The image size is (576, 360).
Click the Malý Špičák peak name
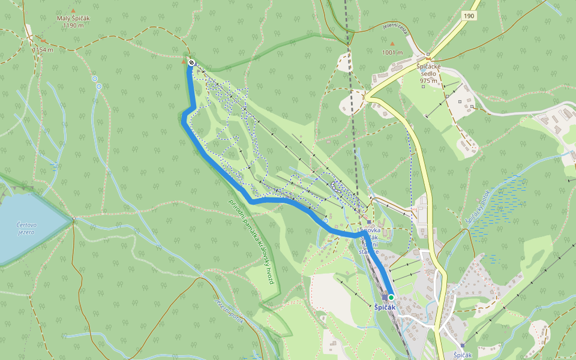(73, 18)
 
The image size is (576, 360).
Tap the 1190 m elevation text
(73, 26)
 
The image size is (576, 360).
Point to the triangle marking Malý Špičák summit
(73, 11)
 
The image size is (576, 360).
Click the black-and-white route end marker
(191, 62)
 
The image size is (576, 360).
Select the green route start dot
(391, 297)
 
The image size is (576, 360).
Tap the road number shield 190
(469, 16)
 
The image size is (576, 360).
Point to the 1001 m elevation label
(393, 52)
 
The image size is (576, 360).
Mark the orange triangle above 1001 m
(393, 44)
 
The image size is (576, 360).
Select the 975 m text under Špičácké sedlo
(429, 80)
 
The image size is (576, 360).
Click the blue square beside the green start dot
(384, 297)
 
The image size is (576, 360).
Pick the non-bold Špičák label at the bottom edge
(463, 355)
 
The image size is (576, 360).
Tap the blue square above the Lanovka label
(369, 221)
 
